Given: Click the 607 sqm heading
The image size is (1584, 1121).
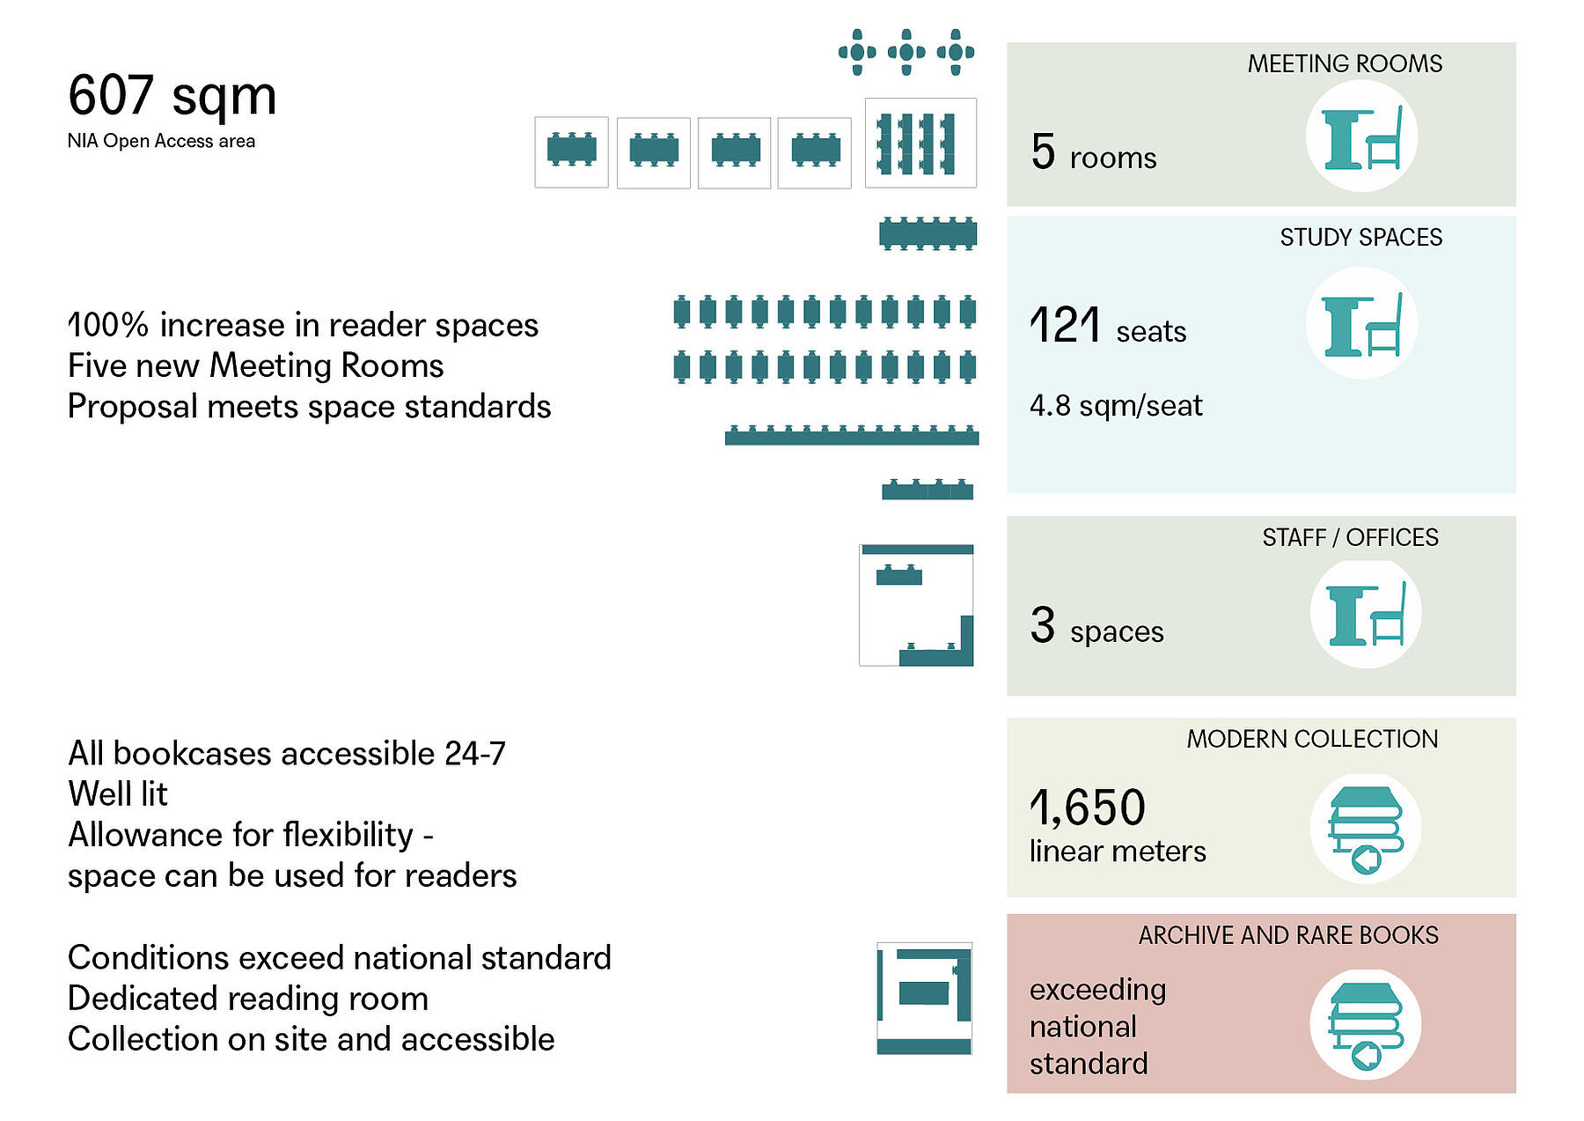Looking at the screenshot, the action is click(x=172, y=95).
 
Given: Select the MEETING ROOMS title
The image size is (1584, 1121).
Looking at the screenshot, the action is click(x=1345, y=63).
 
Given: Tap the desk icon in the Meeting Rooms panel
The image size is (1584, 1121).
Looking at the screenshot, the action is click(x=1361, y=136).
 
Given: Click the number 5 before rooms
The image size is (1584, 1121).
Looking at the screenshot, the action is click(x=1043, y=151).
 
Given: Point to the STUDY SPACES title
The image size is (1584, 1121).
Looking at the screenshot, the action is click(x=1360, y=237).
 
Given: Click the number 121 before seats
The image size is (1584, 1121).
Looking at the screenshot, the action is click(x=1065, y=325).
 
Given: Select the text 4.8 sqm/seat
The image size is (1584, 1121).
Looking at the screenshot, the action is click(x=1116, y=405).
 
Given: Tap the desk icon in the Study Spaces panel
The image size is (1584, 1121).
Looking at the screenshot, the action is click(x=1361, y=324).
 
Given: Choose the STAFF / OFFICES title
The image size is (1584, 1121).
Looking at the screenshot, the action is click(x=1350, y=537).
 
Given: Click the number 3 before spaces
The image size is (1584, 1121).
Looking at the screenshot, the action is click(x=1043, y=625).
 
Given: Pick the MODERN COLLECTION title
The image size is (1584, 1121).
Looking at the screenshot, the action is click(x=1312, y=739).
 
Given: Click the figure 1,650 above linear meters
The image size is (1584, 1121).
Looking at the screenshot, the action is click(x=1088, y=808).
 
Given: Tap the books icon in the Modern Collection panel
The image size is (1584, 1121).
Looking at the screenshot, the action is click(x=1365, y=829).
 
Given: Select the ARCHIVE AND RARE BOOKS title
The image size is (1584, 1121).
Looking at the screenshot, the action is click(x=1288, y=935).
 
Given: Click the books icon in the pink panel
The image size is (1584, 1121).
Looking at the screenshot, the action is click(x=1365, y=1025).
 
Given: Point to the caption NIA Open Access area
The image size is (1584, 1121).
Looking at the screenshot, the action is click(x=161, y=141).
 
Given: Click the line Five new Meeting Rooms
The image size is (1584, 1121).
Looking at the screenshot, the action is click(x=255, y=365).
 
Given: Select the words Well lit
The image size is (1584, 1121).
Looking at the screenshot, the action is click(x=118, y=793).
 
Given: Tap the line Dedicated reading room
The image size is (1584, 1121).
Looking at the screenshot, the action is click(x=248, y=999).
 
